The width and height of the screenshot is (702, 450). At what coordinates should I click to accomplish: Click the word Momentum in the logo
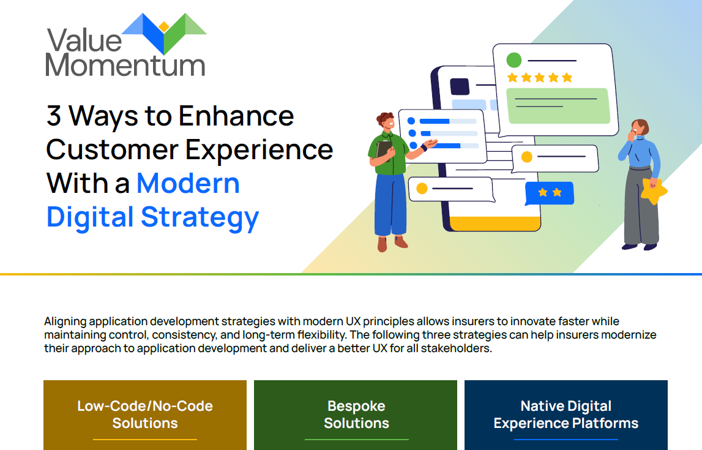click(125, 66)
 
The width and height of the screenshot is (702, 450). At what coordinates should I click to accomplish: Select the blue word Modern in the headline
click(188, 183)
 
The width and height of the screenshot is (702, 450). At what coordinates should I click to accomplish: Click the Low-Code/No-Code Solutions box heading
click(145, 414)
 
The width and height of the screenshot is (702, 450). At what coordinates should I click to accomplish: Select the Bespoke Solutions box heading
click(356, 414)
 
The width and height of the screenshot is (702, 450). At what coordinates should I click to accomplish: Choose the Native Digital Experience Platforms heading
click(566, 414)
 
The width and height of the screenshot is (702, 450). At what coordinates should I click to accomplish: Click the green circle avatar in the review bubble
click(514, 60)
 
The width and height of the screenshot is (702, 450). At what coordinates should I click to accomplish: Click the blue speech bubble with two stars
click(550, 193)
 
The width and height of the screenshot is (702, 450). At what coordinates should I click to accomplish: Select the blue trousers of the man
click(390, 204)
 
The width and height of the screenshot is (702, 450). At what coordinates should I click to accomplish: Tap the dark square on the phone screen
click(459, 86)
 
